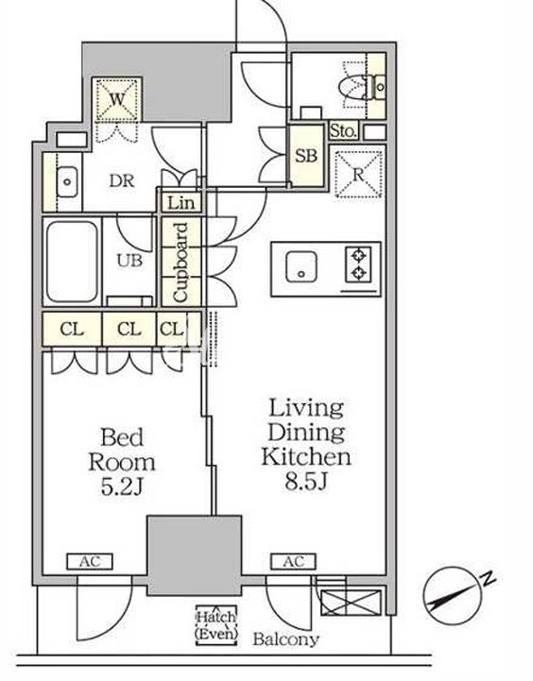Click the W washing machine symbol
116,100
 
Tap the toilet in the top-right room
363,87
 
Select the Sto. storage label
344,130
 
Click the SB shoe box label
307,156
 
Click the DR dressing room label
122,181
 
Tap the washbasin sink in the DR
67,181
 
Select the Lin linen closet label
181,203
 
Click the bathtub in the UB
72,262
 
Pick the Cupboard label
181,263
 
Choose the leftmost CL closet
72,329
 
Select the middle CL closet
129,329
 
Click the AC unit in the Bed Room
90,562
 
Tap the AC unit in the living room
294,562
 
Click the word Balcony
285,639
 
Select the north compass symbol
455,595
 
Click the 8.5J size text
306,482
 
